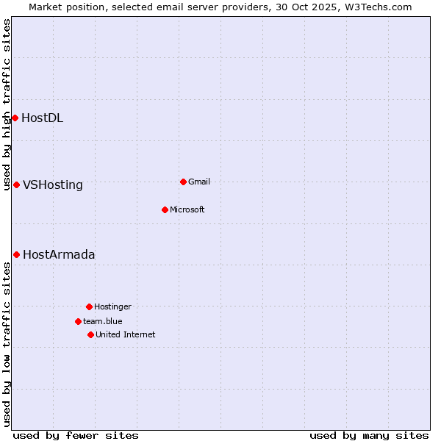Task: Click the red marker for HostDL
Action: (x=15, y=118)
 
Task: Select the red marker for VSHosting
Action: (x=16, y=184)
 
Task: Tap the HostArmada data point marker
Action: (x=16, y=254)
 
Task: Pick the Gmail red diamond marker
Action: (x=183, y=182)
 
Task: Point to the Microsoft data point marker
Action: (x=165, y=209)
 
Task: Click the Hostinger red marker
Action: (x=89, y=306)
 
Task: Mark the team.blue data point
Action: (x=78, y=321)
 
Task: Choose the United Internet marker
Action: (x=90, y=334)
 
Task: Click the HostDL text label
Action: (x=42, y=118)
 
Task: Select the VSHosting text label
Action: (x=53, y=184)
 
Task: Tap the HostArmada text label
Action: (x=59, y=254)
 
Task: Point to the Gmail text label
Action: (x=199, y=182)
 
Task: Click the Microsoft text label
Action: (x=187, y=209)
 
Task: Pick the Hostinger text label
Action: (x=112, y=306)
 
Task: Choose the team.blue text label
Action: (x=103, y=321)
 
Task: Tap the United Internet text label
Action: (x=126, y=334)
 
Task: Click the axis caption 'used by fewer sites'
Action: (x=76, y=435)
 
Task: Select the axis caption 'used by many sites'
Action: (x=369, y=435)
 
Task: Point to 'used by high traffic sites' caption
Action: (x=7, y=104)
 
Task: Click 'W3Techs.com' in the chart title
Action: (x=378, y=7)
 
